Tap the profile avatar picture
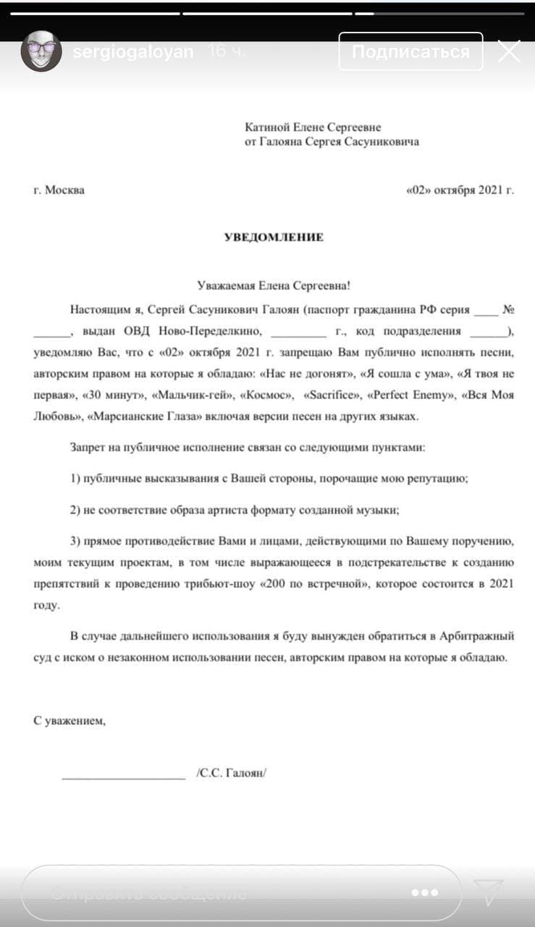pyautogui.click(x=41, y=51)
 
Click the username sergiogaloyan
pyautogui.click(x=133, y=52)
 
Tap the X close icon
pyautogui.click(x=509, y=51)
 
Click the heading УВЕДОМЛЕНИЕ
pyautogui.click(x=273, y=238)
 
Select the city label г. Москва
pyautogui.click(x=59, y=190)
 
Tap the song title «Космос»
pyautogui.click(x=267, y=395)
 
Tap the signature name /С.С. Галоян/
pyautogui.click(x=232, y=773)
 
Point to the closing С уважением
pyautogui.click(x=69, y=721)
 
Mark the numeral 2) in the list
pyautogui.click(x=77, y=510)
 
